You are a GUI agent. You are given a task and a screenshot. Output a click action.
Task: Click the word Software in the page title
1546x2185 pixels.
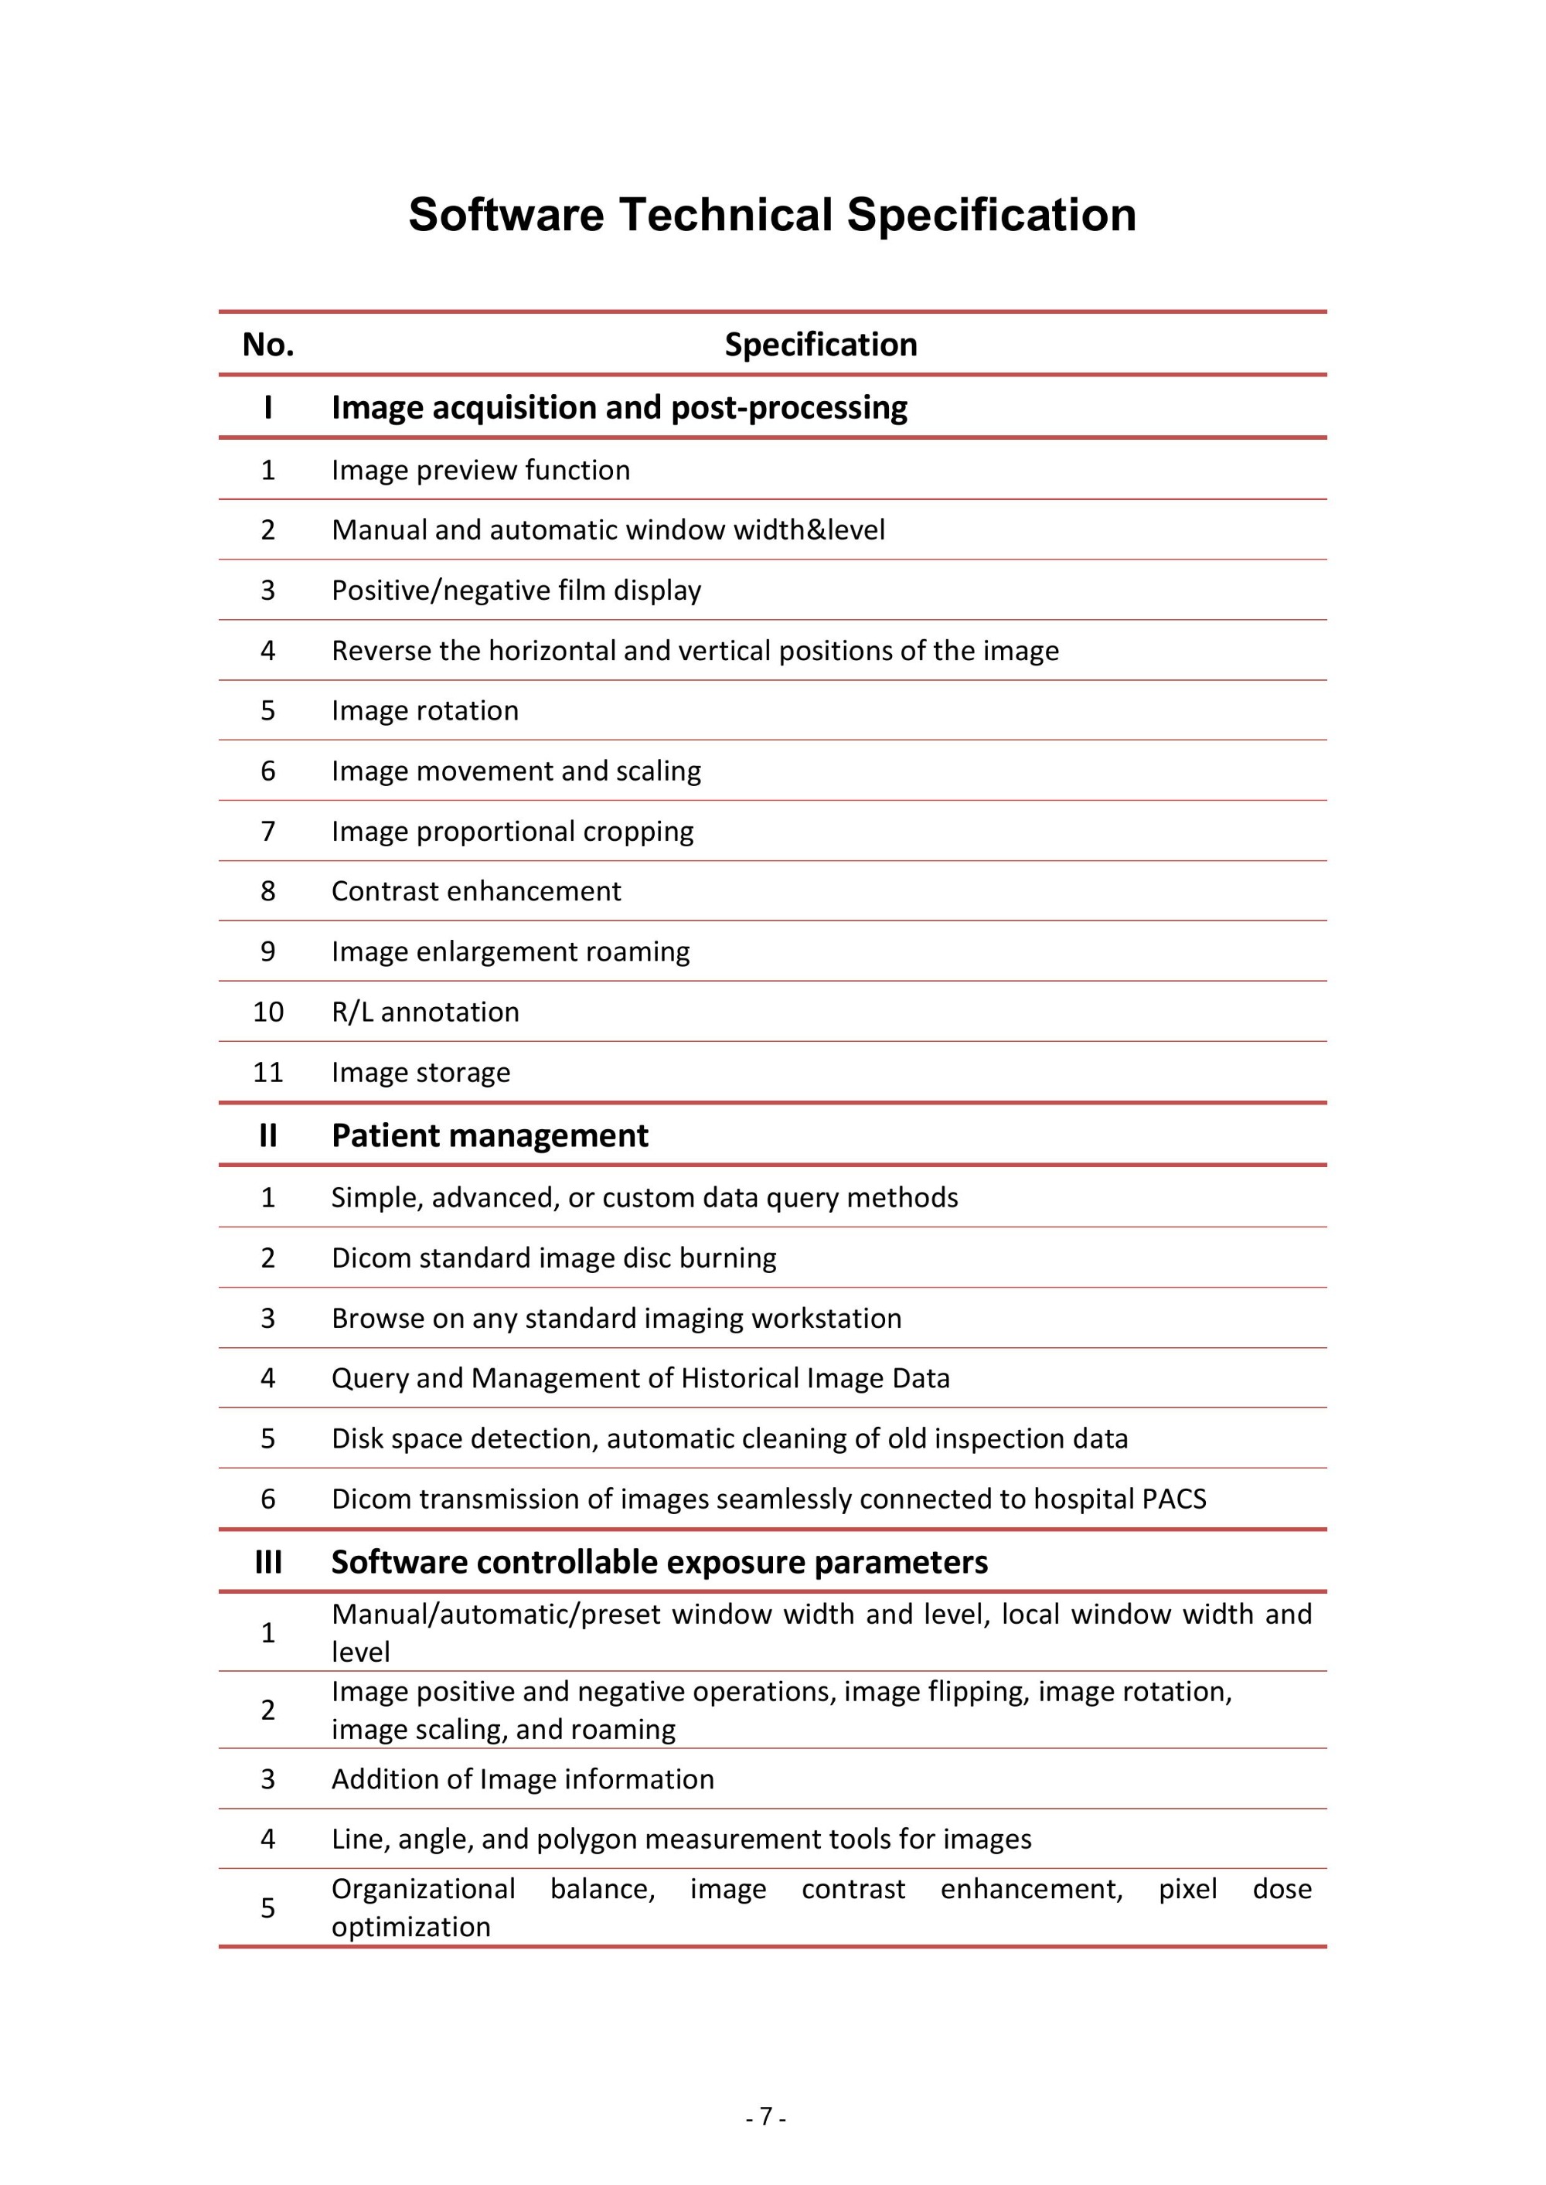point(506,215)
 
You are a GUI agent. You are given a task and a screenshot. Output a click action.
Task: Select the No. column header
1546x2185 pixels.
point(268,345)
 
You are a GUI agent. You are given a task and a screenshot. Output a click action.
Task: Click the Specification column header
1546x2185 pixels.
point(821,345)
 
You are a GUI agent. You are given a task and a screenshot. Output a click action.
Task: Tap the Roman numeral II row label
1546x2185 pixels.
point(268,1135)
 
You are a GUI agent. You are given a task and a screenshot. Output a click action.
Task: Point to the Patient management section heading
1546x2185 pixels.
point(489,1135)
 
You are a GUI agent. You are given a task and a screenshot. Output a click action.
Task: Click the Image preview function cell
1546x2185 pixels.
point(481,470)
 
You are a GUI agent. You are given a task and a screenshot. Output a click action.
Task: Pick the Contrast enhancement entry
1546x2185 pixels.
point(476,890)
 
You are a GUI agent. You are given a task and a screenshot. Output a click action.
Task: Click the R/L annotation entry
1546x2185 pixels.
point(425,1012)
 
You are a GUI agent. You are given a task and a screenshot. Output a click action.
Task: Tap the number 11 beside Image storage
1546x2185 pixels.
point(268,1073)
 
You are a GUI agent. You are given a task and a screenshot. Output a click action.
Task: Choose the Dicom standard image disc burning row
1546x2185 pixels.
point(554,1258)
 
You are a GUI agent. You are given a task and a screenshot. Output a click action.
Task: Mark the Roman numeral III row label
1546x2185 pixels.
point(268,1562)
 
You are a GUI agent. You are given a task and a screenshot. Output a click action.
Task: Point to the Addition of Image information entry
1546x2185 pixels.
point(523,1778)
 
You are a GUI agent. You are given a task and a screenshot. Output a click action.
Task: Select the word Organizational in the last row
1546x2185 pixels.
point(423,1889)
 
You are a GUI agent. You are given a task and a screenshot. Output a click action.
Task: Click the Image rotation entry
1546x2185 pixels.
point(424,711)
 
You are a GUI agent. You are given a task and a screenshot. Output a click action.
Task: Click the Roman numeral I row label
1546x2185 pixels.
point(268,407)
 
